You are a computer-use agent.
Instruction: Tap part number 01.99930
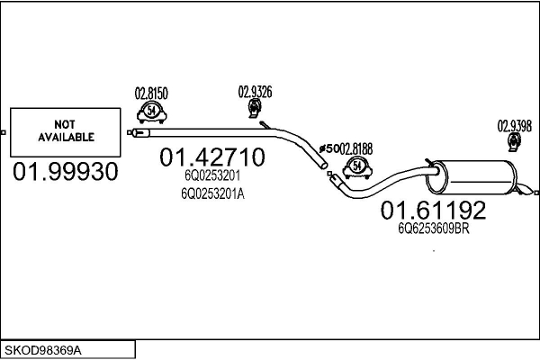(x=66, y=172)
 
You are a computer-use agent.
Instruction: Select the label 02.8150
(x=151, y=94)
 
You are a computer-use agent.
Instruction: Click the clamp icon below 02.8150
(x=151, y=112)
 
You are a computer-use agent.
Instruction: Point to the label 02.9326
(x=255, y=92)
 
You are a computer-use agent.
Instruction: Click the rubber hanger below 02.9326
(x=254, y=108)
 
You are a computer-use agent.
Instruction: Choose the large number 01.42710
(x=212, y=157)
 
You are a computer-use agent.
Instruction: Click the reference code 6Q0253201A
(x=212, y=194)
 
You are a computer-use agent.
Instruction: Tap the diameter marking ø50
(x=328, y=149)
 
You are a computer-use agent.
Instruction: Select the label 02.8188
(x=356, y=149)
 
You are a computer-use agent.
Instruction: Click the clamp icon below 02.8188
(x=357, y=167)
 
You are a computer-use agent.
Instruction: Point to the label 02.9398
(x=515, y=126)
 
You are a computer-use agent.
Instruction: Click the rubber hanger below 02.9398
(x=515, y=142)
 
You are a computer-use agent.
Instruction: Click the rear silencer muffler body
(x=472, y=177)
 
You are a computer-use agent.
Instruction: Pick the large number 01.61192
(x=433, y=210)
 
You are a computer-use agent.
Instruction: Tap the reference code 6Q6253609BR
(x=434, y=229)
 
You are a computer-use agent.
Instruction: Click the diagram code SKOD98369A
(x=43, y=351)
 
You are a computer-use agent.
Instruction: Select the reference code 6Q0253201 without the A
(x=212, y=175)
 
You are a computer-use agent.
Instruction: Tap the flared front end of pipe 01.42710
(x=141, y=132)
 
